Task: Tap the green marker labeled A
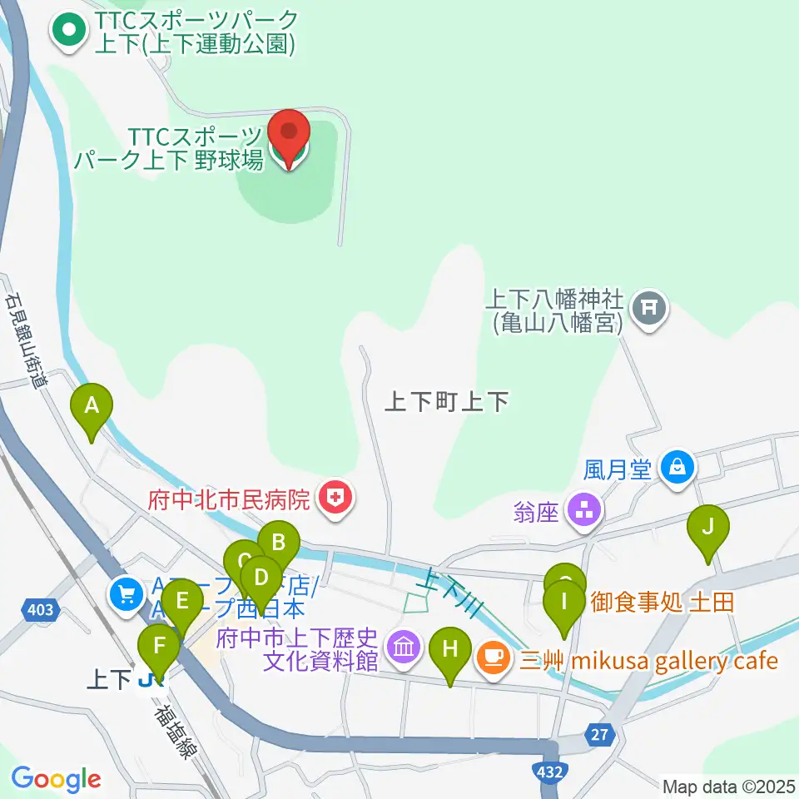(92, 406)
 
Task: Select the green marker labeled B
(278, 543)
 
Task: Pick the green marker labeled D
(261, 577)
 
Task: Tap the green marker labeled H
(450, 648)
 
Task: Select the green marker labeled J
(708, 527)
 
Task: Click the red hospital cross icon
(336, 499)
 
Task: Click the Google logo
(56, 779)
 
